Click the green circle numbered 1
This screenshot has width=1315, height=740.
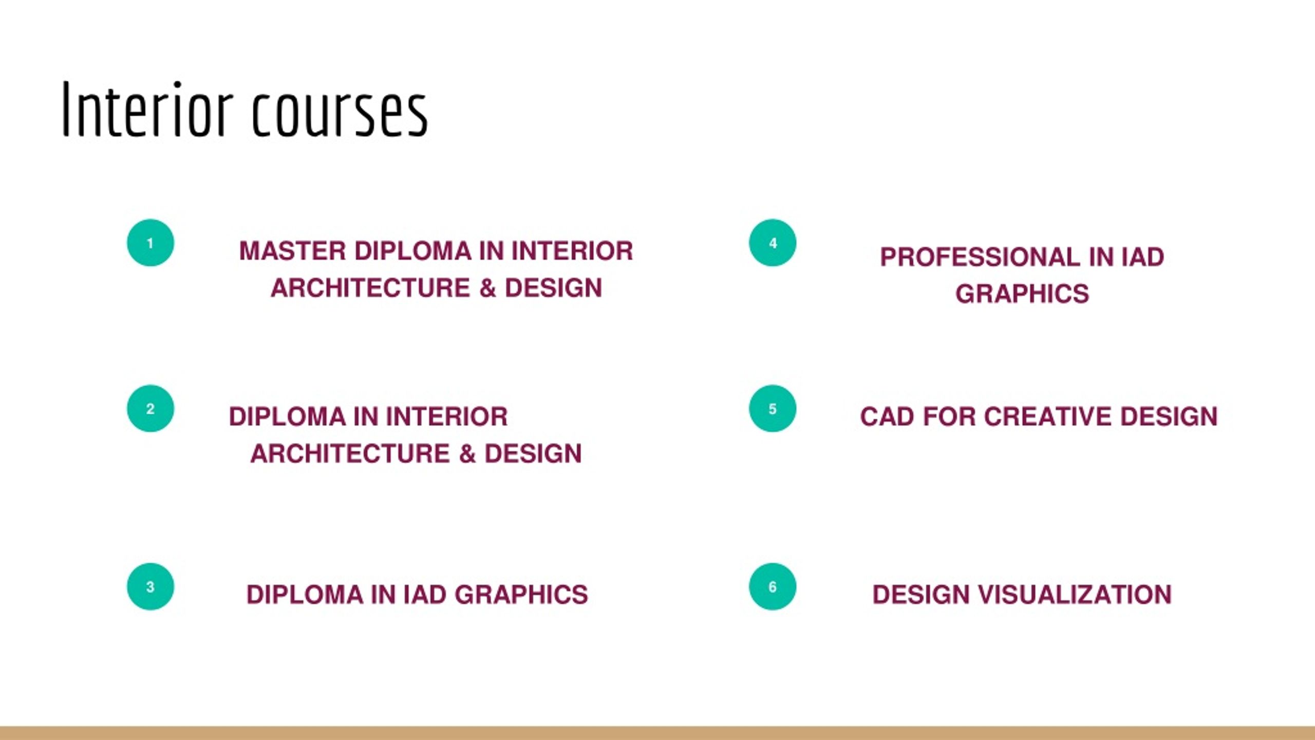pyautogui.click(x=150, y=243)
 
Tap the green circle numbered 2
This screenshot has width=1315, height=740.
pyautogui.click(x=150, y=409)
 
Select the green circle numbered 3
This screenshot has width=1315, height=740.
pyautogui.click(x=150, y=586)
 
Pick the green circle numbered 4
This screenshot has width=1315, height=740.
pyautogui.click(x=772, y=243)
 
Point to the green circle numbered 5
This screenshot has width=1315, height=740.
pyautogui.click(x=772, y=409)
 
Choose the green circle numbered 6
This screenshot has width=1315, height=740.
pyautogui.click(x=772, y=586)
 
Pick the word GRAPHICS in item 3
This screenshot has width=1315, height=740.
pyautogui.click(x=521, y=595)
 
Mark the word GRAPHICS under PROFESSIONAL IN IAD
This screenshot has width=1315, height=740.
pyautogui.click(x=1022, y=294)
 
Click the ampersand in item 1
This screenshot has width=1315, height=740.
pyautogui.click(x=487, y=288)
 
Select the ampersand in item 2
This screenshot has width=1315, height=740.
pyautogui.click(x=467, y=454)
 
